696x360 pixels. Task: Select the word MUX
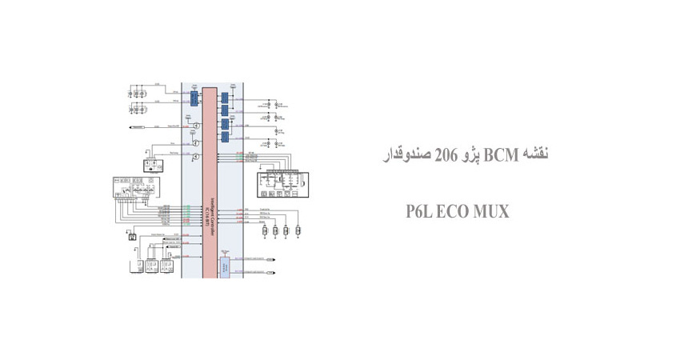pos(486,212)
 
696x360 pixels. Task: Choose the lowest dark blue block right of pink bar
pos(226,137)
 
